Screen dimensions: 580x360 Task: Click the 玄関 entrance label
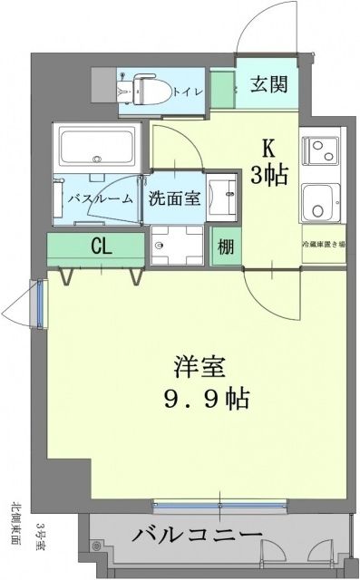tap(270, 86)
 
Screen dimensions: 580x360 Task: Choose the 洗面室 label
tap(174, 198)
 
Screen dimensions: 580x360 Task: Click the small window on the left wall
tap(38, 304)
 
